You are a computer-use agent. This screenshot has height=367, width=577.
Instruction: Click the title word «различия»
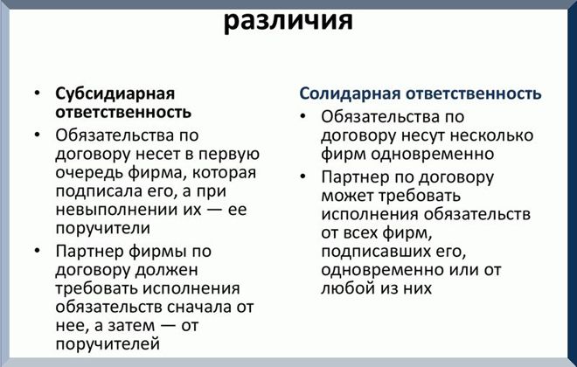pyautogui.click(x=288, y=20)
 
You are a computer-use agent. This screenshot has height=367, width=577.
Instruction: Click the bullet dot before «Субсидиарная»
pyautogui.click(x=38, y=93)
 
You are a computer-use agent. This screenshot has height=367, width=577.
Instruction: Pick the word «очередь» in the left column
pyautogui.click(x=89, y=172)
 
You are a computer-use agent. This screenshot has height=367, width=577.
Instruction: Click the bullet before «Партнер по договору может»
pyautogui.click(x=302, y=176)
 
